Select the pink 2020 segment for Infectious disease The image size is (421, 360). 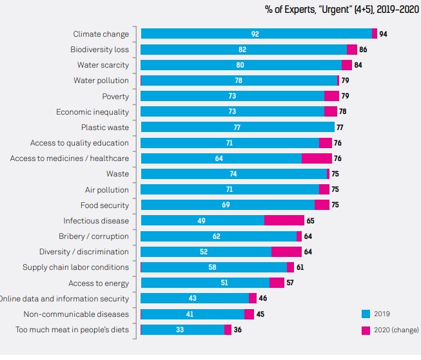click(x=284, y=221)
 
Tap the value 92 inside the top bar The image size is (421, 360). click(x=255, y=34)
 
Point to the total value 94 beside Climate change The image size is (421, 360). click(x=383, y=34)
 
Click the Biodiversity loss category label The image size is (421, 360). click(x=99, y=50)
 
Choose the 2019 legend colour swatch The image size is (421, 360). click(x=366, y=314)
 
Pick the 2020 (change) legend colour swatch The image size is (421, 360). click(x=366, y=330)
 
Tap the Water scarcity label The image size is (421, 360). click(x=103, y=65)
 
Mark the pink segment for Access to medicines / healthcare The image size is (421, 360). click(x=317, y=158)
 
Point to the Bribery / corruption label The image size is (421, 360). click(x=93, y=236)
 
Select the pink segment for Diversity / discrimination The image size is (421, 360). click(x=286, y=252)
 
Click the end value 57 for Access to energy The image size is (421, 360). click(x=290, y=283)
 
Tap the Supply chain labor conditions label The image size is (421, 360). click(x=75, y=267)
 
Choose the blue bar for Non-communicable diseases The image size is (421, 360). click(x=192, y=314)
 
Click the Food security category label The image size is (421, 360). click(x=104, y=205)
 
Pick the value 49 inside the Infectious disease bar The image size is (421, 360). click(x=202, y=221)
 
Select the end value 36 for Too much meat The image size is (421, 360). click(x=238, y=330)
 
